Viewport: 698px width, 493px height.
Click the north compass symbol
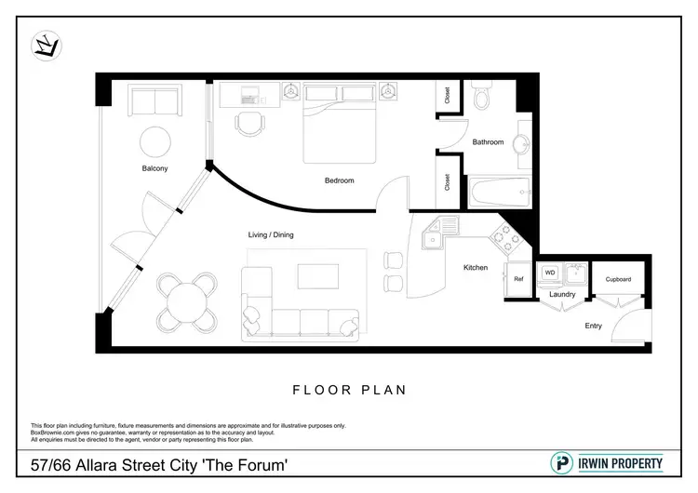click(45, 44)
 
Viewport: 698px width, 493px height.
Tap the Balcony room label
click(154, 168)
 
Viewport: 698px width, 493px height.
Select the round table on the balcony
click(154, 142)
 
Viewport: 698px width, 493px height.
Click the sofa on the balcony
click(154, 101)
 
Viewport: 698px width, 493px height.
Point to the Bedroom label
click(339, 180)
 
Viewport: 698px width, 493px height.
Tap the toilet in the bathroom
click(482, 97)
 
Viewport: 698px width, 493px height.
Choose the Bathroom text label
click(488, 142)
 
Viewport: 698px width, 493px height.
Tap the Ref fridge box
click(518, 278)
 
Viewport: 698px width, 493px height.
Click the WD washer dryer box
click(549, 273)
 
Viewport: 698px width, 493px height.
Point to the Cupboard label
click(618, 279)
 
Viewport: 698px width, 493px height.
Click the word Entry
click(593, 326)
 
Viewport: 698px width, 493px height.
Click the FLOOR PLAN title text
click(349, 390)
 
